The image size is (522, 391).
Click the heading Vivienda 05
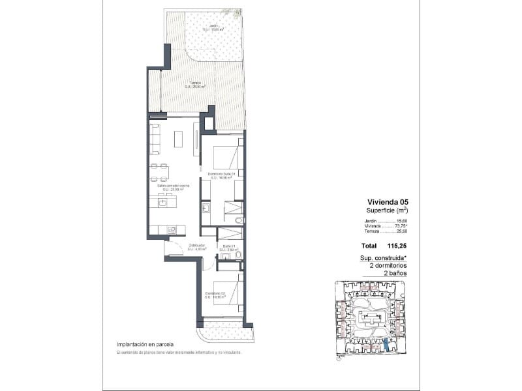click(x=388, y=201)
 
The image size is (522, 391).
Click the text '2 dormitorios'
click(x=389, y=266)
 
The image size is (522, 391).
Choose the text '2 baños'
click(x=396, y=273)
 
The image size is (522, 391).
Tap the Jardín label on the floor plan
click(x=213, y=26)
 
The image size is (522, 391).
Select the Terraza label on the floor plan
click(x=194, y=83)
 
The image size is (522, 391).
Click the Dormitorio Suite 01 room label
click(x=221, y=174)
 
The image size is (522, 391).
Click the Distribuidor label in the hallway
click(x=198, y=246)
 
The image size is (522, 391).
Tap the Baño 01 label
click(x=228, y=246)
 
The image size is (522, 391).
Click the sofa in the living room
click(x=155, y=139)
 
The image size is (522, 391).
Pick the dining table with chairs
click(x=159, y=171)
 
